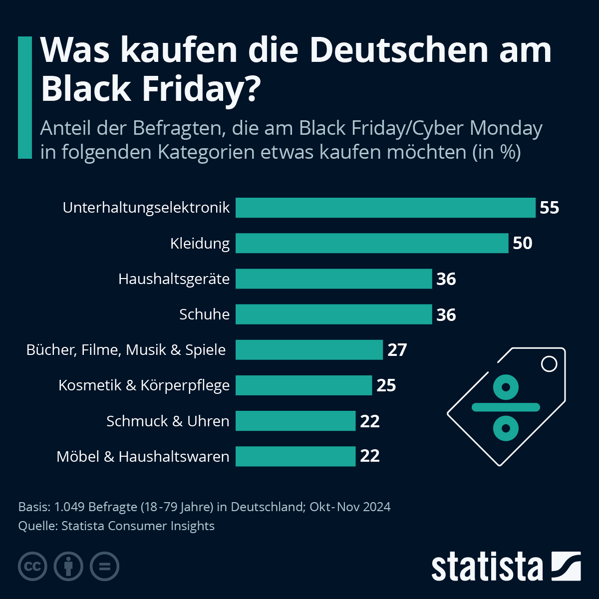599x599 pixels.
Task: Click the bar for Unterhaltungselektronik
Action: tap(385, 208)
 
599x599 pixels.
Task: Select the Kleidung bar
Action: tap(372, 243)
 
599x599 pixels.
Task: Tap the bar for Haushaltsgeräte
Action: tap(333, 279)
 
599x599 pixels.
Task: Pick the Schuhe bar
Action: tap(333, 314)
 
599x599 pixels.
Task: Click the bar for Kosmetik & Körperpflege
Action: tap(303, 385)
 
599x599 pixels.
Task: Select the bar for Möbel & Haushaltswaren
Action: tap(296, 456)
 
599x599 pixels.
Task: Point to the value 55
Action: tap(549, 208)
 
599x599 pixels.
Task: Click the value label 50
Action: tap(523, 243)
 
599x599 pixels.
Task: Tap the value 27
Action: tap(397, 350)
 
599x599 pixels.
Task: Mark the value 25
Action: tap(386, 385)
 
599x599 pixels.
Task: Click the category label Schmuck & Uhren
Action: tap(168, 421)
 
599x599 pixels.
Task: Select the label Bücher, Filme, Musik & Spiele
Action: tap(126, 350)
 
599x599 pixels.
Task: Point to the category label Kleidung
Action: tap(200, 244)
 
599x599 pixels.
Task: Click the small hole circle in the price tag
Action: tap(549, 364)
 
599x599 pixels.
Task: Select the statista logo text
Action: tap(487, 567)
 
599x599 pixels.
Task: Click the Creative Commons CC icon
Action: tap(32, 567)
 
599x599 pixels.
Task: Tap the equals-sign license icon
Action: tap(104, 567)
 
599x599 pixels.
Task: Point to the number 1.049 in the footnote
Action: tap(69, 507)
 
